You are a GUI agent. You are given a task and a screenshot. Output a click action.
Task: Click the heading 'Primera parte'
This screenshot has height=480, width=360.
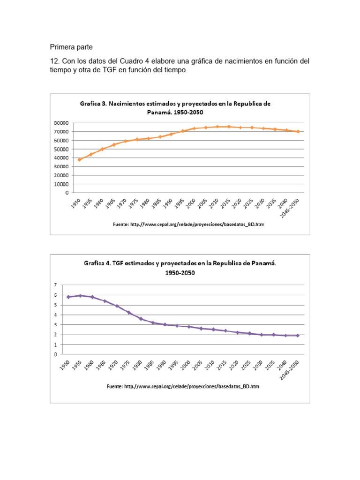click(71, 47)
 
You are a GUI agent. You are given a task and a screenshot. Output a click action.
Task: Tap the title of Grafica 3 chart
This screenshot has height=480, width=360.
click(175, 108)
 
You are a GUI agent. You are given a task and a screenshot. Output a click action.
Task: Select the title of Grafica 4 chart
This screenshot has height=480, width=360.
click(180, 268)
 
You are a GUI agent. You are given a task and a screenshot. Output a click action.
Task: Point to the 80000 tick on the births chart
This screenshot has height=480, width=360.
click(61, 123)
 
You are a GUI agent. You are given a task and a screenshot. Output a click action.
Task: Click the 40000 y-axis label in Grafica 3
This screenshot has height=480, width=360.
click(61, 158)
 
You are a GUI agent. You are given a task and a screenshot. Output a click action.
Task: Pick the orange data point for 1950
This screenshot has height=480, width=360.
click(80, 159)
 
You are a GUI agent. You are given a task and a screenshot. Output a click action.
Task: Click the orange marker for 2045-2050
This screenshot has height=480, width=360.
click(298, 132)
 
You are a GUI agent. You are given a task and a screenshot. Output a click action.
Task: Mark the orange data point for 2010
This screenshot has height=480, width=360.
click(217, 127)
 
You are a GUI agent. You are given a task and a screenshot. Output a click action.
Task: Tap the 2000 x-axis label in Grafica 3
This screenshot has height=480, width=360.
click(191, 203)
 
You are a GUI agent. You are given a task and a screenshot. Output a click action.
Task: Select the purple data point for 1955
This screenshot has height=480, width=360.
click(80, 296)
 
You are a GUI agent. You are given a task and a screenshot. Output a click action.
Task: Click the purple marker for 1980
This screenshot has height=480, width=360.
click(141, 319)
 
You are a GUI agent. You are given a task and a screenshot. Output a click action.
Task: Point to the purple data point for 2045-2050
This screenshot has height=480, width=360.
click(298, 336)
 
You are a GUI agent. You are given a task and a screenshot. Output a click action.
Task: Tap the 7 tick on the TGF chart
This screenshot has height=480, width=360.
click(55, 285)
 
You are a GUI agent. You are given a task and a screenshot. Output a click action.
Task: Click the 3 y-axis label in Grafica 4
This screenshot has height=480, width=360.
click(55, 325)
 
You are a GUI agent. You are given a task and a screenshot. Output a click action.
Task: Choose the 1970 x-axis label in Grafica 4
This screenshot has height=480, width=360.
click(113, 365)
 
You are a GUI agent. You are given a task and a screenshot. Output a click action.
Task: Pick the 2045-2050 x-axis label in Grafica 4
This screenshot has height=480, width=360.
click(289, 370)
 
